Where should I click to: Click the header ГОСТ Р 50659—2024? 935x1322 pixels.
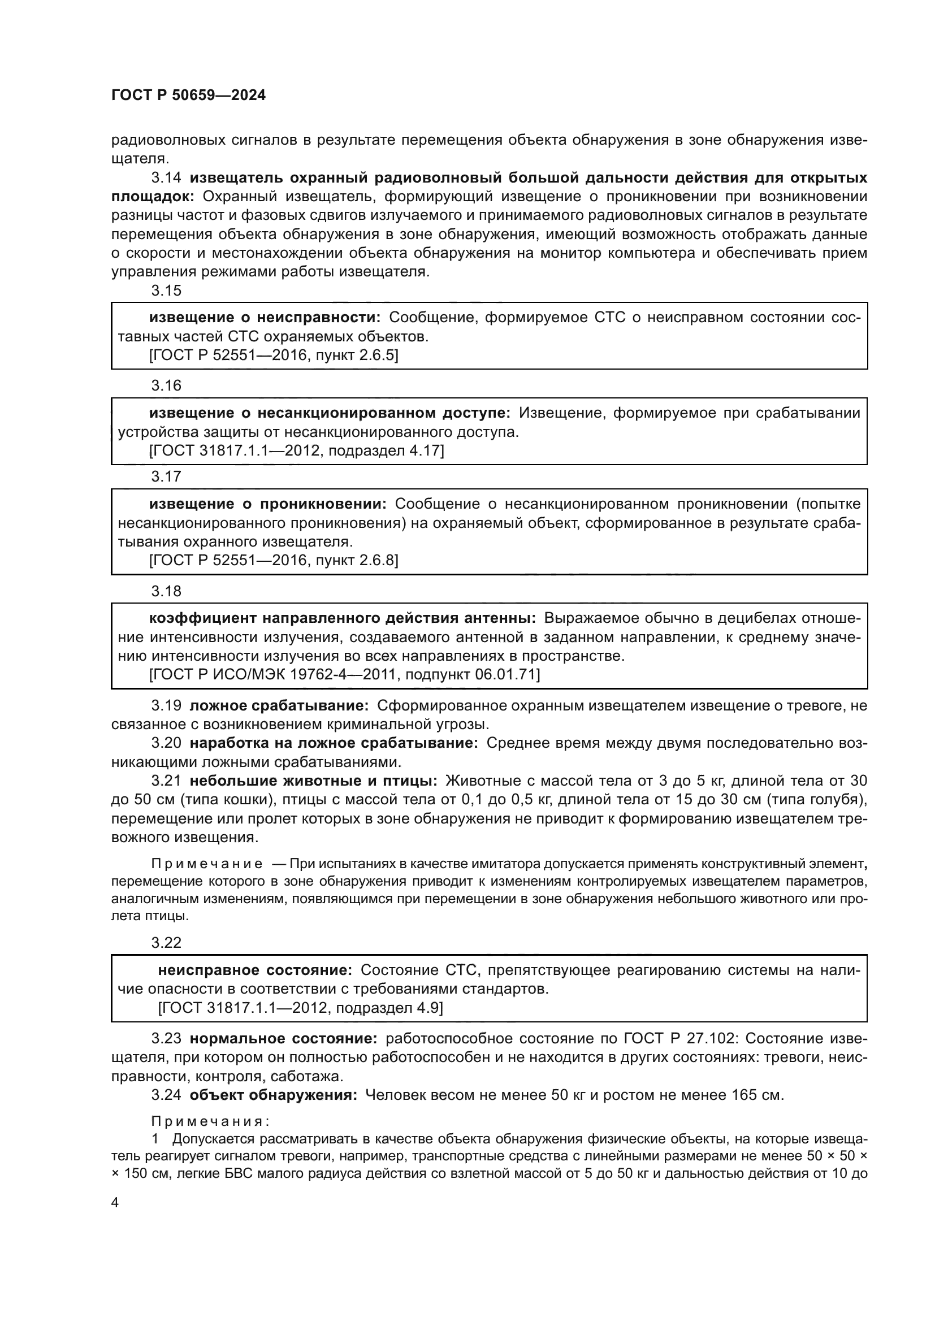point(188,96)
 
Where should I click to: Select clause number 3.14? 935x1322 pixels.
point(166,178)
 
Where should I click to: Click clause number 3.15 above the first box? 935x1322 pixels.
point(166,290)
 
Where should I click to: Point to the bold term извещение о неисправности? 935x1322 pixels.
point(265,317)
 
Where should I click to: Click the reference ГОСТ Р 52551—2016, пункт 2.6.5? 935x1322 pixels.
point(274,356)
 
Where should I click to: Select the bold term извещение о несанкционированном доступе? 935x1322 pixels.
point(330,413)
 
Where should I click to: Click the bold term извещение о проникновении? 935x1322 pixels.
point(268,504)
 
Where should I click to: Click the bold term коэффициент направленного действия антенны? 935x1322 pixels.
point(343,618)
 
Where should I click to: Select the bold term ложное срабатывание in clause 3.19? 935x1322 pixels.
point(279,706)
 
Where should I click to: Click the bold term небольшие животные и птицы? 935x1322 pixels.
point(313,781)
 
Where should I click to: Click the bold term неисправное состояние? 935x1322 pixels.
point(254,970)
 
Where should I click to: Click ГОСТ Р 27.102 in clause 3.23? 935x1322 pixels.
point(679,1039)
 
